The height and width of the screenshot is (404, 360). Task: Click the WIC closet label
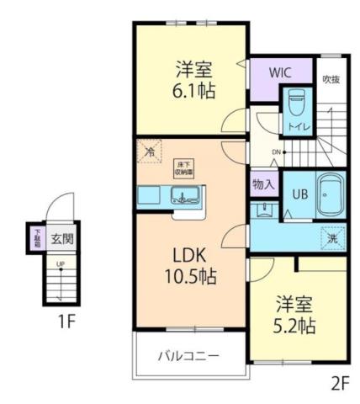[x=280, y=72]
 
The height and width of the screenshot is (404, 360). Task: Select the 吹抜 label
[x=331, y=79]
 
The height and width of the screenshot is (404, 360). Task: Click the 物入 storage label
[x=263, y=183]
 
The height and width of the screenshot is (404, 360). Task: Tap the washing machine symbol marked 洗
[x=333, y=237]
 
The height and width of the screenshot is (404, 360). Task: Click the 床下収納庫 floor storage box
[x=184, y=167]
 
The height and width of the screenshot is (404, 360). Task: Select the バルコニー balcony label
[x=188, y=356]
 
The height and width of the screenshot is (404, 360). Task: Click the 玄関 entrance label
[x=61, y=237]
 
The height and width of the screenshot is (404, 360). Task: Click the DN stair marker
[x=276, y=151]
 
